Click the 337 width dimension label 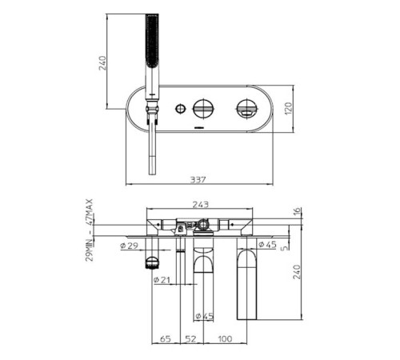pos(198,179)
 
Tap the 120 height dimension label pos(289,109)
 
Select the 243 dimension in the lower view pos(201,205)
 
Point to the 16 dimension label pos(297,211)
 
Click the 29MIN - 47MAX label pos(90,230)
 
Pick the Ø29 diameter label pos(130,246)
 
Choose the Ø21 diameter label pos(162,280)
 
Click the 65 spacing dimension pos(166,339)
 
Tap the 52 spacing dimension pos(191,339)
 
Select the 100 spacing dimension pos(225,339)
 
